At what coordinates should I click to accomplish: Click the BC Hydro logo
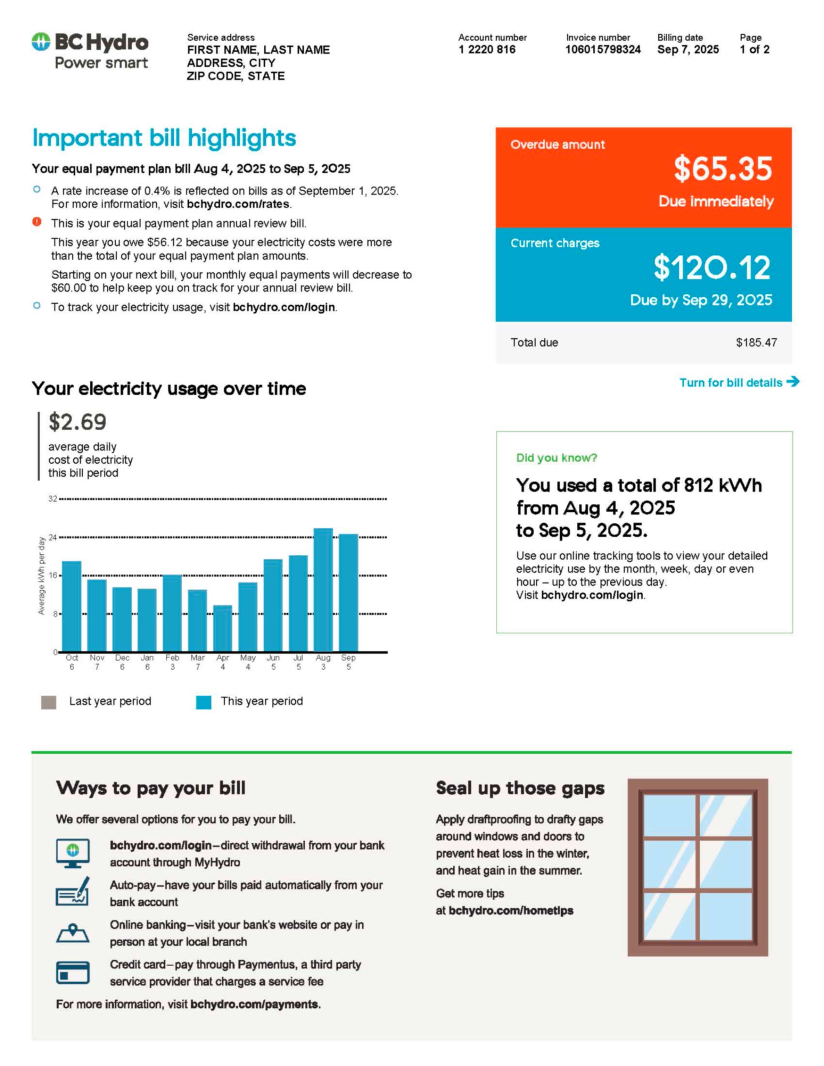[x=90, y=51]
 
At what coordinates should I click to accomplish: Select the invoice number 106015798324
[x=602, y=49]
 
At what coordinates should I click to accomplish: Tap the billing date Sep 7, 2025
[x=687, y=49]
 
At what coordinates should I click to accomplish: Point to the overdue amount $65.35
[x=722, y=168]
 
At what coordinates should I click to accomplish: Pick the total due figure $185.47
[x=756, y=343]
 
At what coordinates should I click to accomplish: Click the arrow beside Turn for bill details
[x=793, y=382]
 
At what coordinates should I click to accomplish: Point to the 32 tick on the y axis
[x=52, y=499]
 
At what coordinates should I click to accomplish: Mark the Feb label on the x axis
[x=172, y=658]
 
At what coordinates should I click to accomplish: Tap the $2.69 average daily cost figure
[x=77, y=422]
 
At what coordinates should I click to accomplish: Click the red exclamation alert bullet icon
[x=37, y=222]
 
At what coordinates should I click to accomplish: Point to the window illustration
[x=698, y=867]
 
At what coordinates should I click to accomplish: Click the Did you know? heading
[x=557, y=458]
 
